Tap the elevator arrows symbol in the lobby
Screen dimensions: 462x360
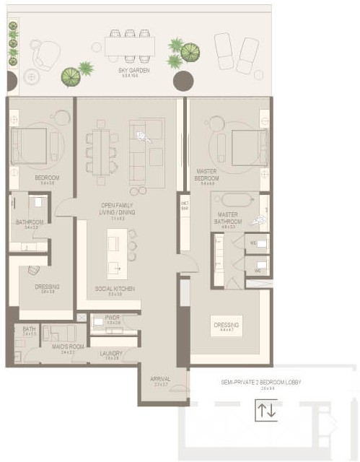point(265,411)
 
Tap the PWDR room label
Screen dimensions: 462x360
point(112,317)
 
